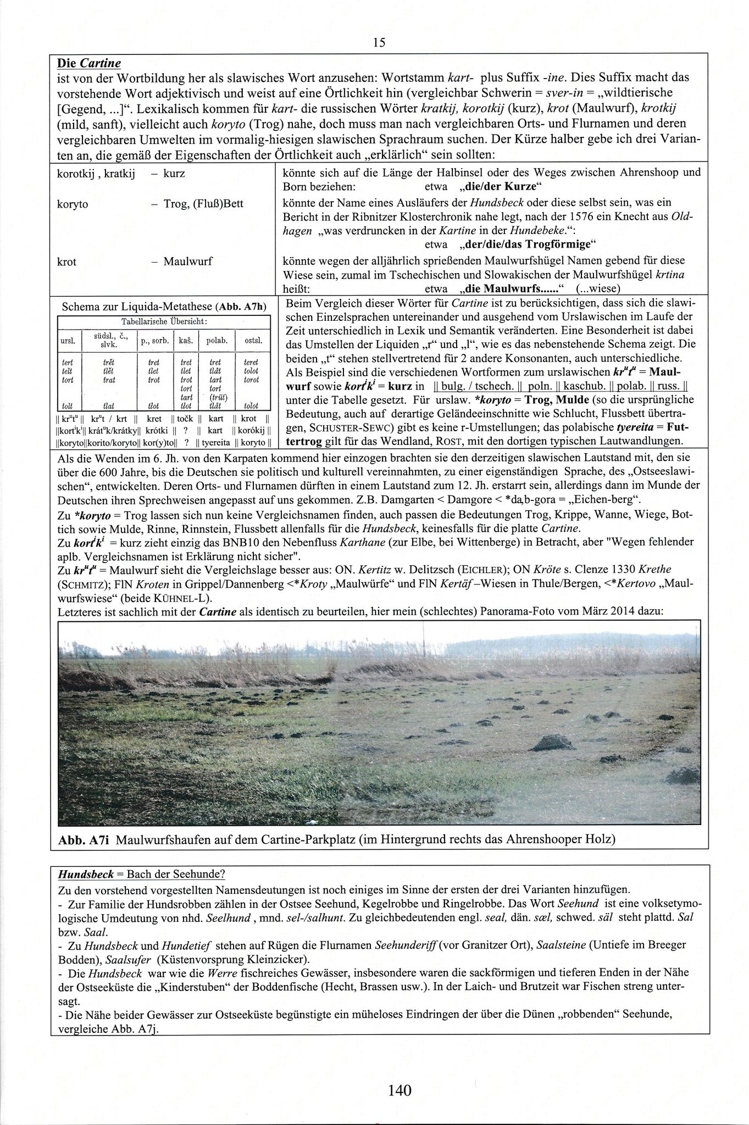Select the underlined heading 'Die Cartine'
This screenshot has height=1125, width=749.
click(x=89, y=63)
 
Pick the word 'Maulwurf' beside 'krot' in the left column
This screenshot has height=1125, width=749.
click(x=187, y=261)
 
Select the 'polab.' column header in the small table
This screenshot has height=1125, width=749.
click(x=217, y=341)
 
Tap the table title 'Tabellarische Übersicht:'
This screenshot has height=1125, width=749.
click(x=164, y=321)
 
